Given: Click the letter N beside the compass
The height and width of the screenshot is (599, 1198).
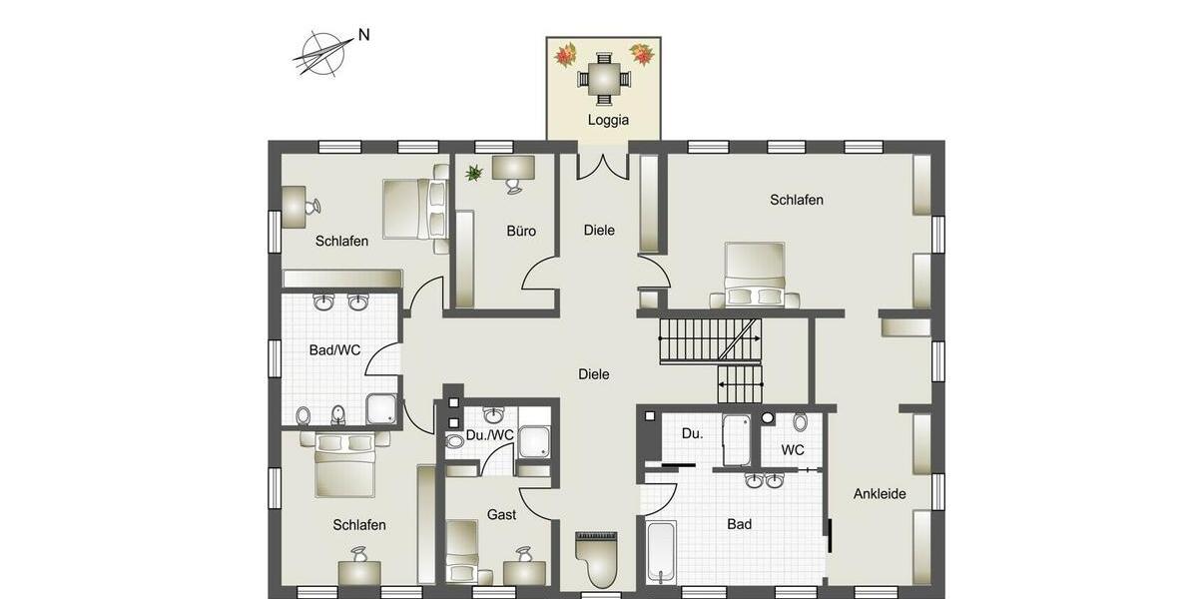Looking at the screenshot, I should (364, 35).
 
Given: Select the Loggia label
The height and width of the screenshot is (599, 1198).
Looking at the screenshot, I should (608, 120).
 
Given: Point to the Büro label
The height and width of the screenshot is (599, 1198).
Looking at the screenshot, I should (521, 231).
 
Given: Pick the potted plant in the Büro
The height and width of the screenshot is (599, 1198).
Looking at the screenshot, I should (473, 173).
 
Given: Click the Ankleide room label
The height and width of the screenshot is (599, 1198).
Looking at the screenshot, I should (880, 493).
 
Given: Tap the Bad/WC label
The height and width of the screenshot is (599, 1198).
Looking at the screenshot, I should (334, 350).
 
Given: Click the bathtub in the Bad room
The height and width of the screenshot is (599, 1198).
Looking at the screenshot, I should (661, 550).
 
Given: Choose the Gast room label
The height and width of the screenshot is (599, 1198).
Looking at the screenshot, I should (501, 514).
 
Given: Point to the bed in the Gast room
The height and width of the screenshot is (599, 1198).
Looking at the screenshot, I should (462, 550).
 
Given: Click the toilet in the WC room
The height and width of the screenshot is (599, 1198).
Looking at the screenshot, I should (800, 422).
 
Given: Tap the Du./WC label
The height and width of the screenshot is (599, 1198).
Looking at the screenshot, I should (490, 434).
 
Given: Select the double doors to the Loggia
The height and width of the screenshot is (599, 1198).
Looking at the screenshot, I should (603, 166).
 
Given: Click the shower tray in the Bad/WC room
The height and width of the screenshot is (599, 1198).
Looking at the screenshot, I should (381, 409).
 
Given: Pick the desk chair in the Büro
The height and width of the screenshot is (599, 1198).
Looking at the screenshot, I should (514, 186).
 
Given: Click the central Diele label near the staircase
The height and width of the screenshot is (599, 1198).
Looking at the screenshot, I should (593, 374).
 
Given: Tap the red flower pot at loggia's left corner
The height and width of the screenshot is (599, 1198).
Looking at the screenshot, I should (567, 54).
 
